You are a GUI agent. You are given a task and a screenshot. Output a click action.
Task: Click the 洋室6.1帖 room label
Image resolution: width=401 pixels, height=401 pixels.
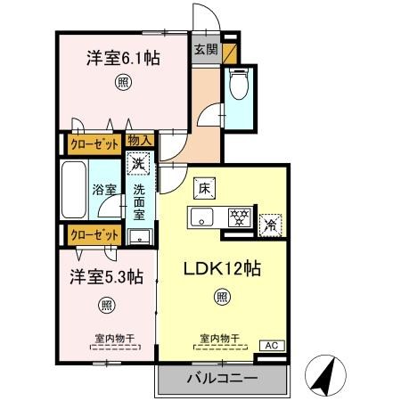(122, 59)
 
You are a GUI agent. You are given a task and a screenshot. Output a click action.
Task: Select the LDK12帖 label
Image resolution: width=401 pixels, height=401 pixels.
(222, 268)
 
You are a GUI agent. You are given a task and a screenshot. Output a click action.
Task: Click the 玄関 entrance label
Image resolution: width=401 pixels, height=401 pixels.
(205, 50)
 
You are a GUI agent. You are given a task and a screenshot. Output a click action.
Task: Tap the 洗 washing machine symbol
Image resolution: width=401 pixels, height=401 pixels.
(138, 163)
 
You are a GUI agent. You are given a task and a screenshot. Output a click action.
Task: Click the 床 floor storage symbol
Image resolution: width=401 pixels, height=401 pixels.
(204, 188)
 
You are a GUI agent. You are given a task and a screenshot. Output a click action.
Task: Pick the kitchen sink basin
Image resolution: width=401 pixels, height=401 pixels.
(200, 217)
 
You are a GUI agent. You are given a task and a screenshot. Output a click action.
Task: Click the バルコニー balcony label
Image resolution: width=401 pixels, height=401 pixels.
(222, 379)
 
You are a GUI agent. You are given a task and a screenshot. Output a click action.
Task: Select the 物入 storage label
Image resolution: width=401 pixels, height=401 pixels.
(139, 140)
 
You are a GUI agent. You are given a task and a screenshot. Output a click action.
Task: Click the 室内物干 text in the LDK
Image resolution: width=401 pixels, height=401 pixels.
(219, 338)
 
